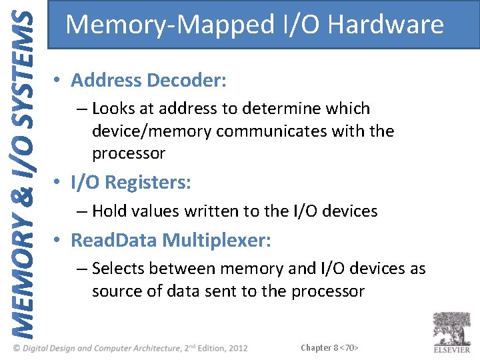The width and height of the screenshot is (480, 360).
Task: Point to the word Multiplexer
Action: pyautogui.click(x=217, y=240)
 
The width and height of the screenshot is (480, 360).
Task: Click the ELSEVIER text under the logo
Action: pyautogui.click(x=451, y=349)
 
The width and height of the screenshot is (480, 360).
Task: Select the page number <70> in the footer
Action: pyautogui.click(x=349, y=348)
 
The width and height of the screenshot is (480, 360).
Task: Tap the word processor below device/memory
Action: pyautogui.click(x=129, y=153)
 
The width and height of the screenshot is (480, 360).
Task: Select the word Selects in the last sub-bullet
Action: pyautogui.click(x=119, y=269)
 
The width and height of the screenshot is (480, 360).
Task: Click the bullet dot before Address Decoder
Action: pyautogui.click(x=59, y=81)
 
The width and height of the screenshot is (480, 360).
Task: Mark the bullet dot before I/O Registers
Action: pyautogui.click(x=59, y=183)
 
